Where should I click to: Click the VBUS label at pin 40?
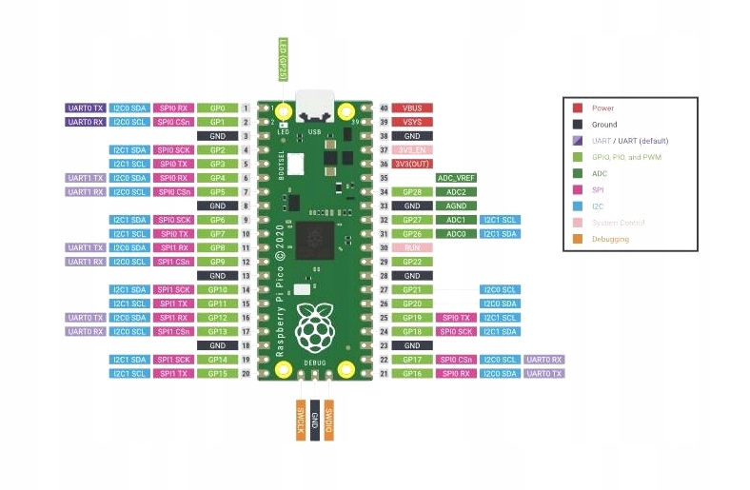[413, 108]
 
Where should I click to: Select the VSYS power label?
[413, 123]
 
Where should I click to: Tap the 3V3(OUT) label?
[413, 164]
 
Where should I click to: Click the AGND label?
[456, 206]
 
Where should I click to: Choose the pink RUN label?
[413, 247]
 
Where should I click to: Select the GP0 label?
[217, 108]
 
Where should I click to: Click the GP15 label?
[217, 373]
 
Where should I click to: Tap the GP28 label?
[413, 192]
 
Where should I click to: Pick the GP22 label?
[413, 262]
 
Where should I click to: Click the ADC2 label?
[456, 192]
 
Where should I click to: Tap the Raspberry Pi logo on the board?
[313, 328]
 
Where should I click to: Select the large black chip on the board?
[313, 237]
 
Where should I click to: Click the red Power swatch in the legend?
[578, 108]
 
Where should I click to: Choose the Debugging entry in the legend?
[610, 239]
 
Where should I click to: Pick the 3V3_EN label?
[413, 150]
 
